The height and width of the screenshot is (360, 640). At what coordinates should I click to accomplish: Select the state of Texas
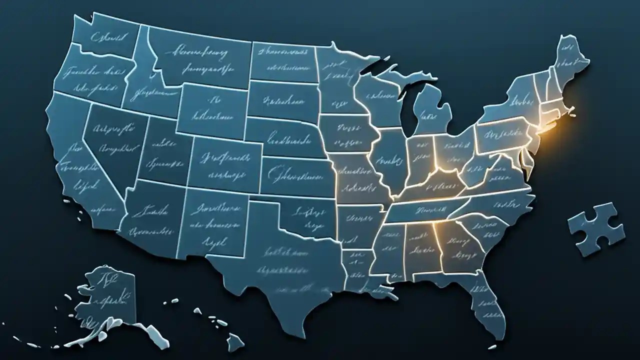280,270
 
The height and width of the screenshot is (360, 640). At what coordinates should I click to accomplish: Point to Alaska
107,295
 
